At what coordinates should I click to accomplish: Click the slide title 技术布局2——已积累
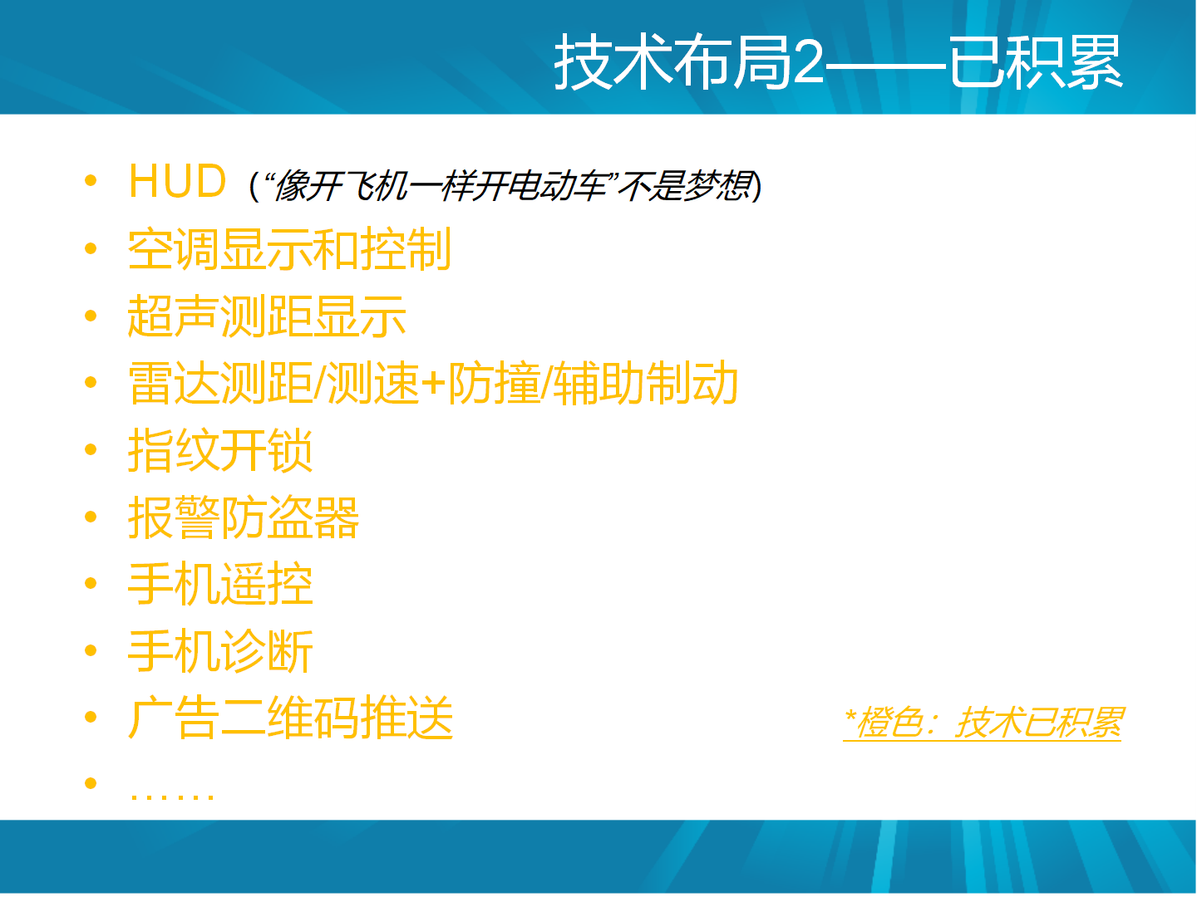click(x=838, y=61)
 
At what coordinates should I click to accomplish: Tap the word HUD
click(x=177, y=181)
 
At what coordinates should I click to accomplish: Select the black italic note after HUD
click(x=505, y=186)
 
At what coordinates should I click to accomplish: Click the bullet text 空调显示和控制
click(x=289, y=249)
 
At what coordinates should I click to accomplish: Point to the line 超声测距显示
click(x=267, y=316)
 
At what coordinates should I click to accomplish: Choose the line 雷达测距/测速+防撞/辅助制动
click(x=433, y=384)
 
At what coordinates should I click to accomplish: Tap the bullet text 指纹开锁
click(x=220, y=450)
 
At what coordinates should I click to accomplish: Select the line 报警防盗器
click(x=244, y=517)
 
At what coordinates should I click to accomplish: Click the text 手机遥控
click(x=220, y=585)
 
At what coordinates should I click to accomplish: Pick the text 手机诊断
click(x=220, y=651)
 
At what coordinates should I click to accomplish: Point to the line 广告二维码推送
click(x=290, y=718)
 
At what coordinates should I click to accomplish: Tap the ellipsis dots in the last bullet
click(x=171, y=796)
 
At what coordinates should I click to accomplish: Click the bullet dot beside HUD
click(x=91, y=180)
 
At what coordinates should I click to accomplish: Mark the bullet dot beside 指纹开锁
click(x=91, y=449)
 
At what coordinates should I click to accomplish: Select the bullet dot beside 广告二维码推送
click(x=91, y=718)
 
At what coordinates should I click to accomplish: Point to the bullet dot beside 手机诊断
click(x=91, y=650)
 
